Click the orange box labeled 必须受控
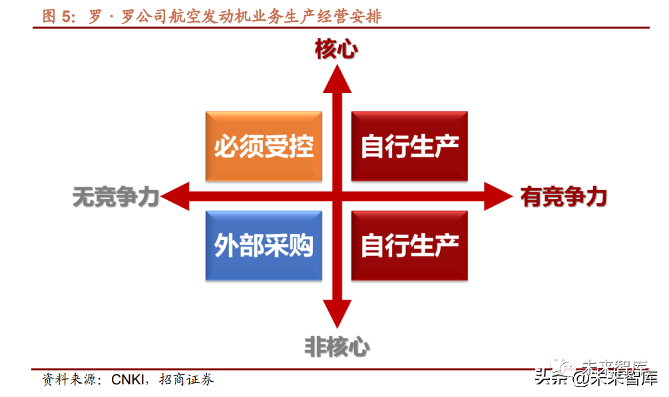point(264,146)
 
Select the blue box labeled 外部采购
point(264,246)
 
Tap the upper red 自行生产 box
point(409,146)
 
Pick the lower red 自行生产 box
point(409,246)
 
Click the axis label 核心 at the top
point(337,49)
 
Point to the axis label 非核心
point(337,346)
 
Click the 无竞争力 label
point(115,197)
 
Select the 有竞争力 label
point(564,197)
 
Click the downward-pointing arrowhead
point(337,314)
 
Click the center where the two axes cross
point(337,197)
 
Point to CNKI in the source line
point(131,380)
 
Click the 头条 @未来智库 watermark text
point(596,378)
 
